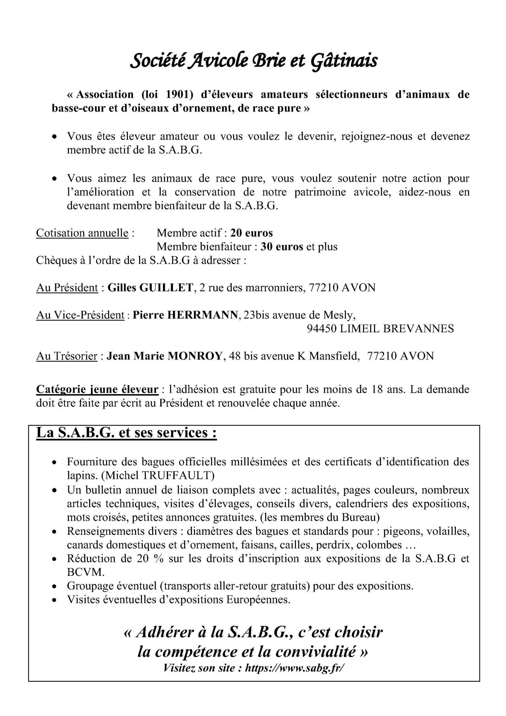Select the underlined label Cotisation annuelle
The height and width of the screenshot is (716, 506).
pos(82,233)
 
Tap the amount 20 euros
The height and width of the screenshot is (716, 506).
pos(251,233)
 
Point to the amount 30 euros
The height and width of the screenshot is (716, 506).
pos(282,247)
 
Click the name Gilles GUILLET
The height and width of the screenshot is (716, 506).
pos(150,288)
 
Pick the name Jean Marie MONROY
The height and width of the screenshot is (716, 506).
pos(165,356)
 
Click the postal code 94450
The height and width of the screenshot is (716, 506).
pos(322,329)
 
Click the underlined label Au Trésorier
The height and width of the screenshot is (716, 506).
pos(67,356)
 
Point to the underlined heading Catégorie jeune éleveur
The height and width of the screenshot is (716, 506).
pos(97,390)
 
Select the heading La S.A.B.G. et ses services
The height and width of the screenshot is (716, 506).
pos(126,433)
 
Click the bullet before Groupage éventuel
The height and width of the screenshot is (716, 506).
pos(55,587)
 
